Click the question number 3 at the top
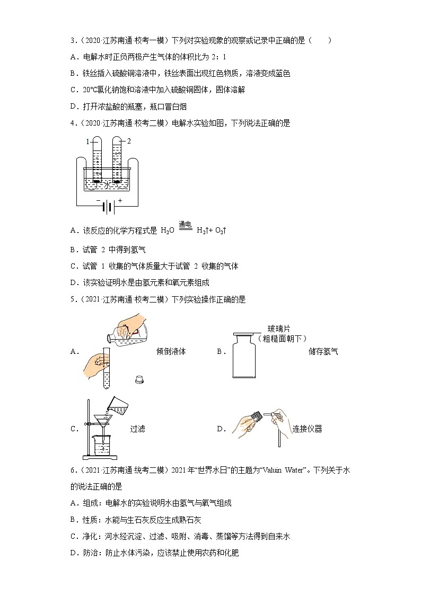click(x=72, y=41)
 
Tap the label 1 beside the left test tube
click(x=88, y=141)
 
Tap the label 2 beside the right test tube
click(x=128, y=141)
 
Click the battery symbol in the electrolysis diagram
click(x=108, y=208)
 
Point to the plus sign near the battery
click(x=120, y=200)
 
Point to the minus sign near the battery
click(x=98, y=200)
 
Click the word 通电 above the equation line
click(x=170, y=225)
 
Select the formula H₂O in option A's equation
click(x=167, y=231)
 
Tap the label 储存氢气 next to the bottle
click(x=323, y=351)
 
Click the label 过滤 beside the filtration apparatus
click(x=137, y=429)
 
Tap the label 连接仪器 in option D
click(x=307, y=429)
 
